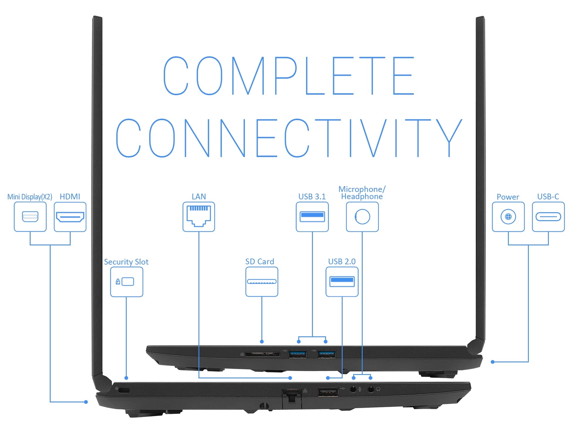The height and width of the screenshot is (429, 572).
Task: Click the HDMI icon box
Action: pyautogui.click(x=70, y=217)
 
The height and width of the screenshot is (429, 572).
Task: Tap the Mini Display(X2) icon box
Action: pyautogui.click(x=30, y=217)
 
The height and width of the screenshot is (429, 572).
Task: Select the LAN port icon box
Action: pyautogui.click(x=199, y=217)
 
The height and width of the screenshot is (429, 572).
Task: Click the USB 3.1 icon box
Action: pyautogui.click(x=312, y=217)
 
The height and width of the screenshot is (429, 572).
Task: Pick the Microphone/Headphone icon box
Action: pyautogui.click(x=362, y=217)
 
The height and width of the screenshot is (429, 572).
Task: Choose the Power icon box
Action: pyautogui.click(x=508, y=217)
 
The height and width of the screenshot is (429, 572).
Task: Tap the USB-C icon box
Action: pyautogui.click(x=548, y=217)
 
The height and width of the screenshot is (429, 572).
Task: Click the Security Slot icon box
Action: pyautogui.click(x=126, y=281)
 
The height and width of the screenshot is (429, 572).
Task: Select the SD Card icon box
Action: pyautogui.click(x=262, y=281)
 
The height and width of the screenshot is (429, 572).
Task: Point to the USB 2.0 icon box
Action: pyautogui.click(x=342, y=281)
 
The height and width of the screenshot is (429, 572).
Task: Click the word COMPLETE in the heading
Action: pyautogui.click(x=289, y=76)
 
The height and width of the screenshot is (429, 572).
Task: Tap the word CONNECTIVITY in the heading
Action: pyautogui.click(x=289, y=138)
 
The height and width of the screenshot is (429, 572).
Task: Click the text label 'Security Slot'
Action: pyautogui.click(x=126, y=262)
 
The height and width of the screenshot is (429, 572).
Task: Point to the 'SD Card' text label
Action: pyautogui.click(x=260, y=261)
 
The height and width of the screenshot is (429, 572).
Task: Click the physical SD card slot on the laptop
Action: pyautogui.click(x=262, y=354)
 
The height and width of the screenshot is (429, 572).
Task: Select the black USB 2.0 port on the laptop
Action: pyautogui.click(x=328, y=392)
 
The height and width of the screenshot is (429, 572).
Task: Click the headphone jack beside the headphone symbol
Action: pyautogui.click(x=371, y=389)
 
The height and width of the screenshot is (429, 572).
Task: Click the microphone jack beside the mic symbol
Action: pyautogui.click(x=353, y=389)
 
